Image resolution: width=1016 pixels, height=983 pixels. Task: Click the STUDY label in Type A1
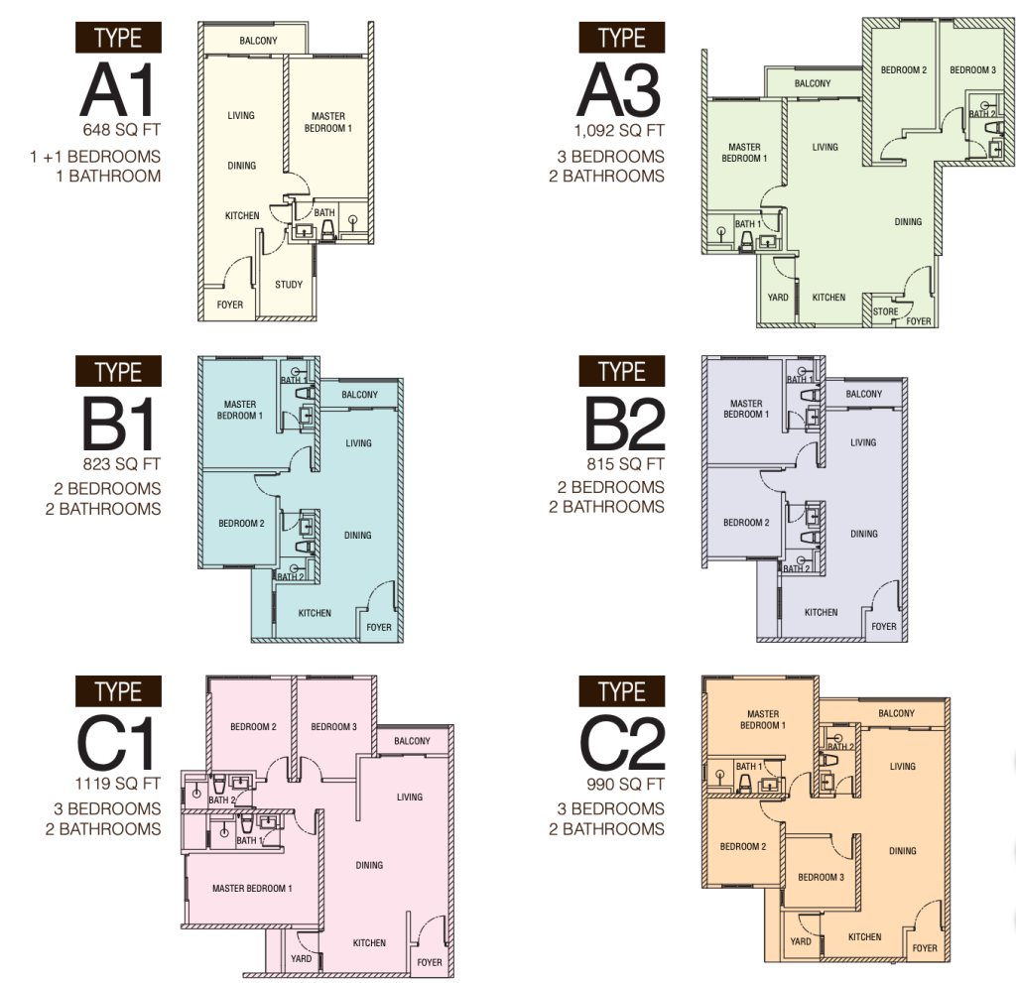[289, 285]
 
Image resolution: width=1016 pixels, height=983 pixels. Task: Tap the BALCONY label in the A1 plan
[258, 41]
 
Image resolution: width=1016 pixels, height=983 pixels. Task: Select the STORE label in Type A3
[885, 311]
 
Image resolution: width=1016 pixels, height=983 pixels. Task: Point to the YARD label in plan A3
[778, 298]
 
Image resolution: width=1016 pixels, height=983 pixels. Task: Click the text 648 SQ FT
[121, 130]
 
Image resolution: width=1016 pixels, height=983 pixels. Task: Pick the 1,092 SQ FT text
[619, 130]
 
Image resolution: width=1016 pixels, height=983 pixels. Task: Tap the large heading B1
[118, 425]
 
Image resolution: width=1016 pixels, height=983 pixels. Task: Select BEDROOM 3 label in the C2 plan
[821, 878]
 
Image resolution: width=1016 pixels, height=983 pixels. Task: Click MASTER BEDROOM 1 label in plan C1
[252, 889]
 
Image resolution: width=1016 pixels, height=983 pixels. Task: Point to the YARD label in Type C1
[301, 958]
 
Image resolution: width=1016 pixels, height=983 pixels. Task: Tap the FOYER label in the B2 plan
[884, 627]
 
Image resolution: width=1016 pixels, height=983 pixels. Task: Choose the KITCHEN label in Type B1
[315, 613]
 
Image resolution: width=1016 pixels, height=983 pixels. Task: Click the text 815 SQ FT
[625, 464]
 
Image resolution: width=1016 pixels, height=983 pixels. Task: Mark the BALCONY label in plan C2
[896, 713]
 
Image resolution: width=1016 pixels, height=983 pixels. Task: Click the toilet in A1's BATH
[327, 229]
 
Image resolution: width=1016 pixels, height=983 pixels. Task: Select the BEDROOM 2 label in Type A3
[903, 70]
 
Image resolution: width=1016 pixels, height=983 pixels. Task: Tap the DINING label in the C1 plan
[369, 865]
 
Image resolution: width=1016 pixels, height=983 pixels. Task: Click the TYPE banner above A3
[621, 38]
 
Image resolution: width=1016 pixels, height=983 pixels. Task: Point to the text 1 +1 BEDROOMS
[95, 157]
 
